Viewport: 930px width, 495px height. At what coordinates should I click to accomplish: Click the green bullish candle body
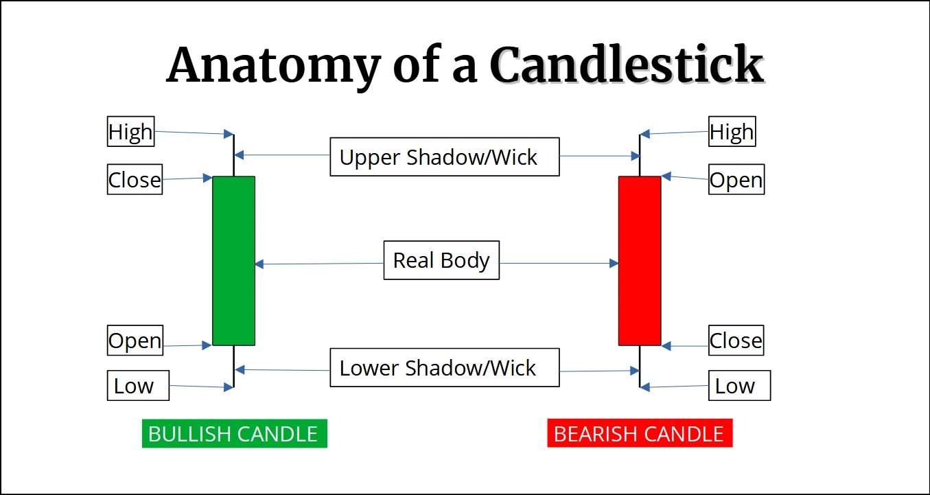click(233, 261)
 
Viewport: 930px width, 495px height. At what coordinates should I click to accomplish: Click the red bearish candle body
click(640, 261)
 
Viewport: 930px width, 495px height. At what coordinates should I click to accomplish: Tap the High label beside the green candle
click(130, 131)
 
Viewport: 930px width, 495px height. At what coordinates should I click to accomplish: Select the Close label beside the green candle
click(135, 179)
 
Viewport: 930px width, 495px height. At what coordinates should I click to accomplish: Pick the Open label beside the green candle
click(135, 341)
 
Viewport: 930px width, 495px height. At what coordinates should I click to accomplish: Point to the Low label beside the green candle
click(138, 386)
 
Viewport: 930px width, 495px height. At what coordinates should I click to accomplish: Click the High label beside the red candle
click(732, 131)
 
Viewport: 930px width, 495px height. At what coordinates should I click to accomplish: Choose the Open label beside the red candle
click(736, 180)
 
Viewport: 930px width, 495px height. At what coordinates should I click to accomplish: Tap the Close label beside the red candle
click(736, 341)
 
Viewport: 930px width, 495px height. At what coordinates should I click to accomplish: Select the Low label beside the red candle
click(739, 386)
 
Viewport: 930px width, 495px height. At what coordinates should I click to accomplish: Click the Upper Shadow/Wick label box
click(444, 157)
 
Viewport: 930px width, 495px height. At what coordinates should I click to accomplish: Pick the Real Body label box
click(441, 260)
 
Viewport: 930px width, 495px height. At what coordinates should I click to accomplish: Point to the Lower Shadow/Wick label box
click(444, 368)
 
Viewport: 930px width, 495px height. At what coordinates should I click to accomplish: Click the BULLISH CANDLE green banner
click(234, 434)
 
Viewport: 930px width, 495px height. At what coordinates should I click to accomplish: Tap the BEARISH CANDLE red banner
click(640, 434)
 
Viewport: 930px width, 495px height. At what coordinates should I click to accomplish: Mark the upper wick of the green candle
click(234, 155)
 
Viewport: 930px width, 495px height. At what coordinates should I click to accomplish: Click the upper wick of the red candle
click(640, 155)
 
